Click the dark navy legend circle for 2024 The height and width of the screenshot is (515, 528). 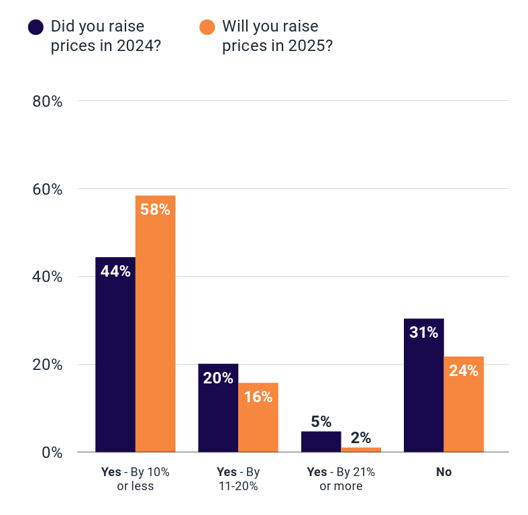pyautogui.click(x=36, y=27)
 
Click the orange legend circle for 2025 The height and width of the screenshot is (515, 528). pyautogui.click(x=207, y=27)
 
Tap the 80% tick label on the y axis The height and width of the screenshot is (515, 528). pyautogui.click(x=48, y=101)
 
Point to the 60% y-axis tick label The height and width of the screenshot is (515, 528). pyautogui.click(x=48, y=189)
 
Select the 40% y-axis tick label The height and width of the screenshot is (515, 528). pyautogui.click(x=48, y=277)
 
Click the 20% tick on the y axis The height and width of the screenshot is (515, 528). pyautogui.click(x=48, y=365)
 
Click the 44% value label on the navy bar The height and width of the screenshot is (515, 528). pyautogui.click(x=115, y=271)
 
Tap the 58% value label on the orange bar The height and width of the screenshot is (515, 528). pyautogui.click(x=155, y=209)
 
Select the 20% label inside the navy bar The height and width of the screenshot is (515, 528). pyautogui.click(x=218, y=378)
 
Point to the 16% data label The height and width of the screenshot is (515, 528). pyautogui.click(x=258, y=397)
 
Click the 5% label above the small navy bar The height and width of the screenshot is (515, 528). pyautogui.click(x=321, y=422)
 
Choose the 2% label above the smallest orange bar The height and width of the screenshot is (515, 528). pyautogui.click(x=360, y=438)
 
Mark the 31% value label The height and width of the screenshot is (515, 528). pyautogui.click(x=423, y=332)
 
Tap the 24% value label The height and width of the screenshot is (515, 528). pyautogui.click(x=464, y=371)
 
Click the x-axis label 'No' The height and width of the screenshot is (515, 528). pyautogui.click(x=443, y=472)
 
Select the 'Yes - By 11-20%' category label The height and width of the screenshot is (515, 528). pyautogui.click(x=237, y=479)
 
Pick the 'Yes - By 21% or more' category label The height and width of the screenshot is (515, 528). pyautogui.click(x=341, y=479)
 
